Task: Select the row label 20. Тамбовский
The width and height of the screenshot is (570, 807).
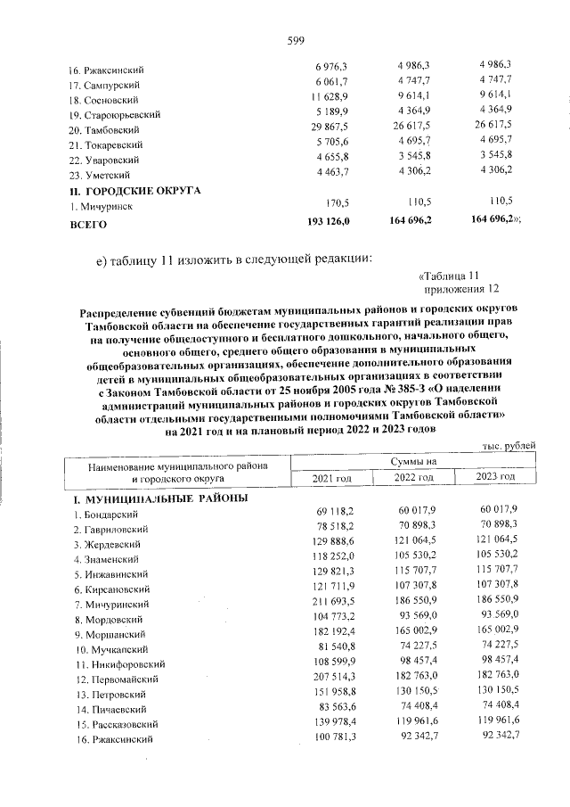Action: pyautogui.click(x=107, y=129)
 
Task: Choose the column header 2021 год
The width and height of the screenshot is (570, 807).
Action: pyautogui.click(x=331, y=479)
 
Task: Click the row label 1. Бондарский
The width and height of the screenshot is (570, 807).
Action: pyautogui.click(x=105, y=515)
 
